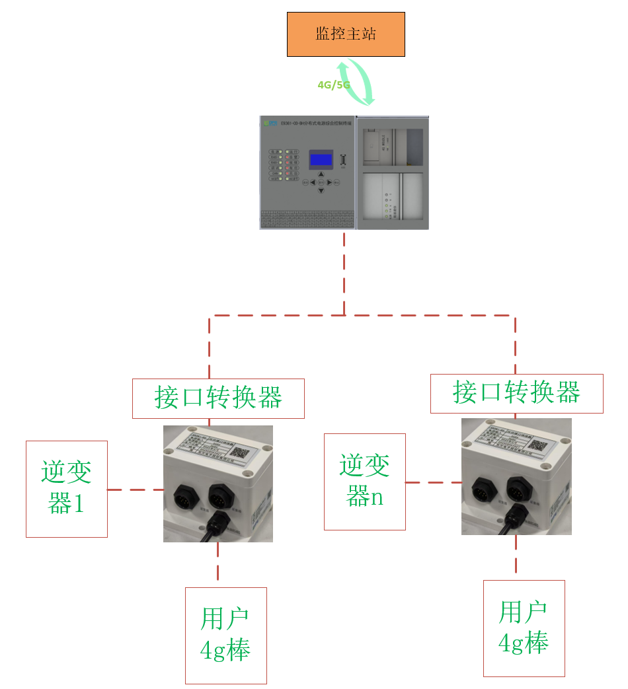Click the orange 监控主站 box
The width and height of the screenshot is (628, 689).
345,34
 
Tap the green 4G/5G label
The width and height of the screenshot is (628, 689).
333,85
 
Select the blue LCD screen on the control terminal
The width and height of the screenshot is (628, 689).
321,159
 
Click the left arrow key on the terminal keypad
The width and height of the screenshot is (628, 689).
313,182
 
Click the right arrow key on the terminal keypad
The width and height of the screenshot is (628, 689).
329,182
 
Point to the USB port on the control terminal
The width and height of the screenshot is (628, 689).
343,160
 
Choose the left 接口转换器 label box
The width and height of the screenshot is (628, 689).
218,398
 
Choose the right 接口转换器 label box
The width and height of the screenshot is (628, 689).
516,394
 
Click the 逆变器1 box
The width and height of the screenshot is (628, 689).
66,489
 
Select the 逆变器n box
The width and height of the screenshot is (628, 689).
364,482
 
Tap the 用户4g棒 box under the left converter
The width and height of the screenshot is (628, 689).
225,635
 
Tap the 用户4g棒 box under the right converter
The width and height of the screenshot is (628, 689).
524,628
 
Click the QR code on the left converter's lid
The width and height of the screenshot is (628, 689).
239,453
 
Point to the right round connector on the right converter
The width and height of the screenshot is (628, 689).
517,488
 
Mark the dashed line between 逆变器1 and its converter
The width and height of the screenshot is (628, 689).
135,490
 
